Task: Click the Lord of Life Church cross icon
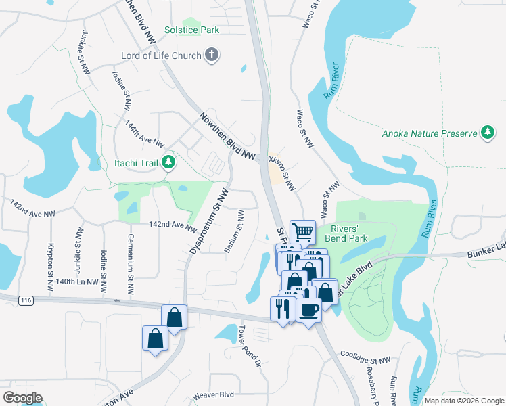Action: tap(212, 55)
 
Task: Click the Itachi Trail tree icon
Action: tap(169, 162)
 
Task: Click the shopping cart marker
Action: tap(303, 233)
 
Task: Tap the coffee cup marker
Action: tap(308, 310)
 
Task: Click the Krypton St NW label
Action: tap(50, 267)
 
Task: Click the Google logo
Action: tap(22, 398)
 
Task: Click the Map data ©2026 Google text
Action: tap(464, 401)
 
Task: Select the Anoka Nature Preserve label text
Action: tap(430, 133)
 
